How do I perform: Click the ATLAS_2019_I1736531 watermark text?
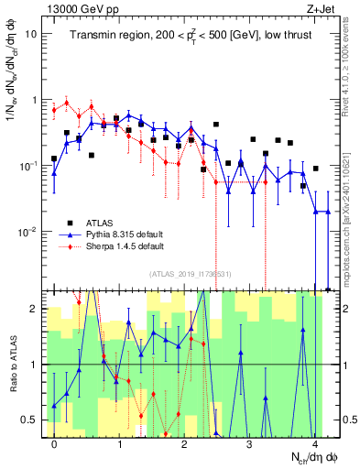tap(189, 274)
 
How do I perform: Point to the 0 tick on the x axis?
tap(55, 444)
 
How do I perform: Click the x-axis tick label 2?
tap(184, 444)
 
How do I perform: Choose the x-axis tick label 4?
tap(314, 444)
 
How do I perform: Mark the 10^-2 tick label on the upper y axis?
tap(29, 232)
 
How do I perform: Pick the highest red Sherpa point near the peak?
tap(66, 103)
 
